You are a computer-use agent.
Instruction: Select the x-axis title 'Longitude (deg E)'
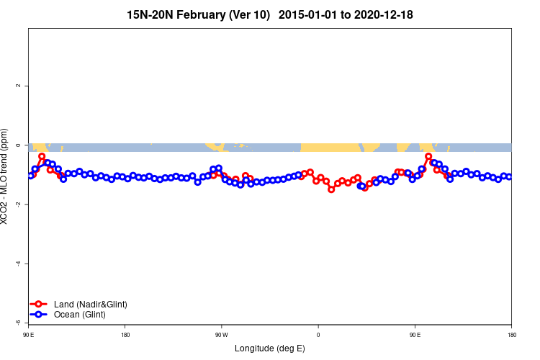click(x=269, y=348)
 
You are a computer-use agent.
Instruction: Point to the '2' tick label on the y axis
click(x=18, y=86)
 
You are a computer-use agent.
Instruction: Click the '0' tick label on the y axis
click(x=18, y=145)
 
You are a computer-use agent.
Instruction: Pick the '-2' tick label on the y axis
click(x=18, y=204)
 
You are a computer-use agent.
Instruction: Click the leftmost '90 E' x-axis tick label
click(x=28, y=335)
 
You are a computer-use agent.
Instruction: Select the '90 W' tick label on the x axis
click(x=221, y=335)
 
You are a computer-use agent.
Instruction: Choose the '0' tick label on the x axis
click(x=318, y=335)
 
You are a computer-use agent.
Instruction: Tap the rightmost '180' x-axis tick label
click(x=511, y=335)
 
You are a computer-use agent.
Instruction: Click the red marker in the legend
click(x=40, y=305)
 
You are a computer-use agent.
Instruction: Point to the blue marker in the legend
click(x=40, y=315)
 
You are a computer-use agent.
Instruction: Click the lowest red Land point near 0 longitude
click(x=331, y=189)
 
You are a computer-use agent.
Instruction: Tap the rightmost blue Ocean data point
click(x=509, y=176)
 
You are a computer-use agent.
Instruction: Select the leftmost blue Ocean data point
click(x=30, y=176)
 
